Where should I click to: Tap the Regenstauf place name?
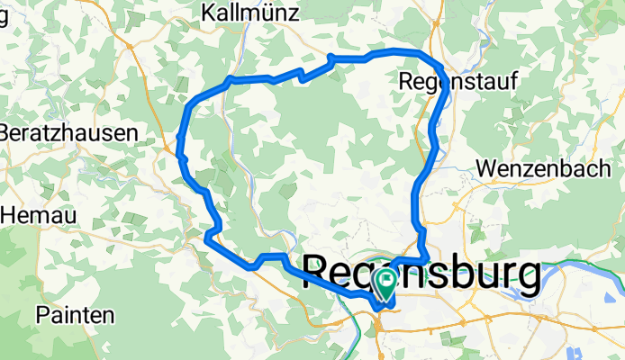tap(458, 81)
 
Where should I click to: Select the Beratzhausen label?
tap(68, 132)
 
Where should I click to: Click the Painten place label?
tap(75, 315)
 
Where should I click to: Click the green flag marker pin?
tap(385, 283)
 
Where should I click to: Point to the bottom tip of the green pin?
tap(385, 300)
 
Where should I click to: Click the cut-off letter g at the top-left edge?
tap(4, 15)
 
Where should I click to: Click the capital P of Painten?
tap(43, 315)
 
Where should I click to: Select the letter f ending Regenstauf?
tap(514, 81)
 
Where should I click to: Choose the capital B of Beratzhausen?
tap(5, 132)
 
